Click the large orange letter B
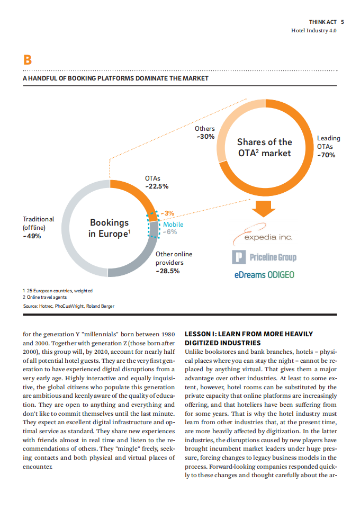tap(26, 60)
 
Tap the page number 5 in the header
tap(343, 22)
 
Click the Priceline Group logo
tap(264, 257)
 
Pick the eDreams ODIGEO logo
tap(264, 275)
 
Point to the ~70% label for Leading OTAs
tap(326, 155)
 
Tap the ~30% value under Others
tap(205, 137)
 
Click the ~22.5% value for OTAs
tap(157, 186)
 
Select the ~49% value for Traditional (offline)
tap(32, 236)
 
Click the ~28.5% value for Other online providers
tap(168, 271)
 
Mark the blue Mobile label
tap(173, 225)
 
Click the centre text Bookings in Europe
tap(109, 228)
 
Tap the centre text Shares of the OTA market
tap(264, 147)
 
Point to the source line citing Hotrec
tap(68, 306)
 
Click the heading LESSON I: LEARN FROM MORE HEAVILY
tap(248, 334)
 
